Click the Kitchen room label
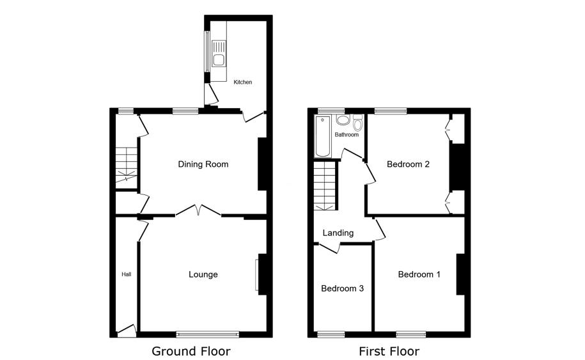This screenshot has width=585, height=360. click(x=242, y=82)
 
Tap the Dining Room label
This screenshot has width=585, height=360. click(x=203, y=164)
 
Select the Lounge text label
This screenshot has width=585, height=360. click(x=203, y=274)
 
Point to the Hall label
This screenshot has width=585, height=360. click(x=127, y=274)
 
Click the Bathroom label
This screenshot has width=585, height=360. click(x=347, y=135)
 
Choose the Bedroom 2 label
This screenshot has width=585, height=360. click(x=408, y=164)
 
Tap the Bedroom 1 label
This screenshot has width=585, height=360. click(x=419, y=274)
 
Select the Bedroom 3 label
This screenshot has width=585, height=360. click(x=343, y=288)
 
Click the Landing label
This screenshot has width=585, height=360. click(x=338, y=233)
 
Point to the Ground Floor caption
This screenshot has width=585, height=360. click(x=191, y=351)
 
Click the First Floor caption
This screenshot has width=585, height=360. click(x=389, y=351)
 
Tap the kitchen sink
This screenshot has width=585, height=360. click(x=219, y=54)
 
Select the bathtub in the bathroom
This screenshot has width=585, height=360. click(x=323, y=136)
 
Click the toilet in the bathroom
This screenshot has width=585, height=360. click(x=358, y=122)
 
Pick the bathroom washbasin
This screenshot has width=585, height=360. click(x=343, y=120)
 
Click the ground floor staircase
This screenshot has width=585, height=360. click(x=127, y=165)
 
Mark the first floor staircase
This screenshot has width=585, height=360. click(x=325, y=186)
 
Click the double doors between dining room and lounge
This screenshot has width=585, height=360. click(x=198, y=210)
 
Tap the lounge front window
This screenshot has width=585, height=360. click(x=208, y=334)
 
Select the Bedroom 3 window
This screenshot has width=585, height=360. click(x=331, y=334)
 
